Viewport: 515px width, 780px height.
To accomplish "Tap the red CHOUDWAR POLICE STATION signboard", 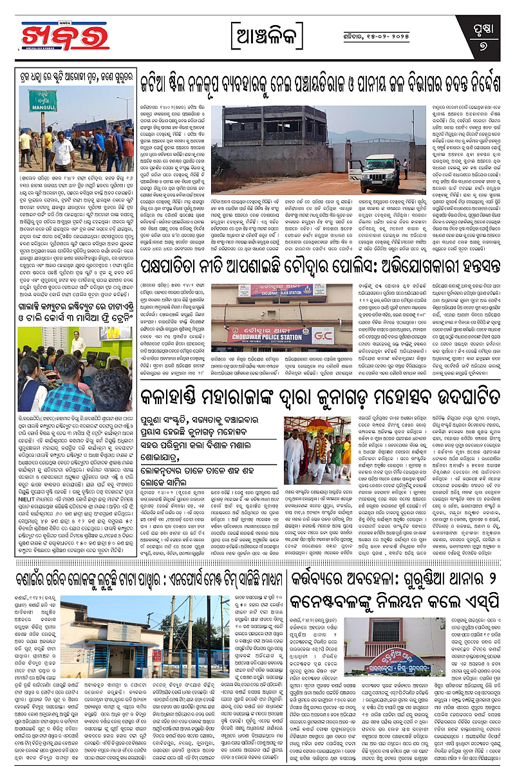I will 273,334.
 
